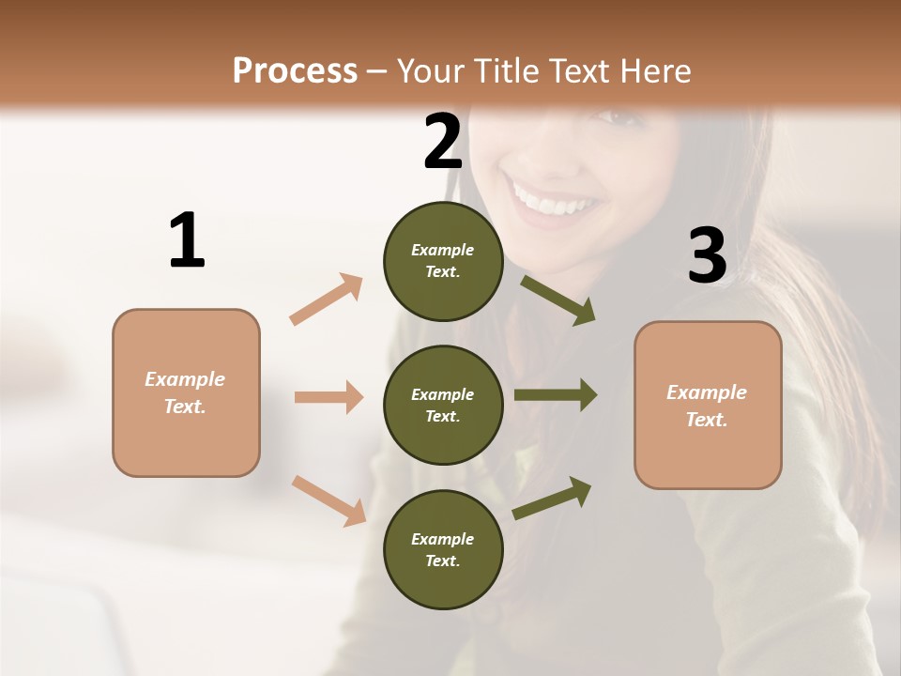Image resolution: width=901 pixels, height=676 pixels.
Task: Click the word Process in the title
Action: tap(295, 70)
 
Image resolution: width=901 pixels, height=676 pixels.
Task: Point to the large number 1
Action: tap(187, 241)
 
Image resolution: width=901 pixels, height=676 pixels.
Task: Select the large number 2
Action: tap(443, 142)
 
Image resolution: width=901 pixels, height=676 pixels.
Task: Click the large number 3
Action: tap(707, 255)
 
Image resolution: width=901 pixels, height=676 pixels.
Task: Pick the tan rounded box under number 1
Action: tap(186, 392)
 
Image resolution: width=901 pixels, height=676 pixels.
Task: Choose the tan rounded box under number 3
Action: tap(708, 406)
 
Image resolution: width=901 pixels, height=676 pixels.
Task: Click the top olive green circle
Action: tap(443, 261)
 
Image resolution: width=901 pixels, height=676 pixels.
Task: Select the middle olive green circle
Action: tap(443, 405)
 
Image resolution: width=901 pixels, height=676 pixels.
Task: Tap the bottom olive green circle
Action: tap(443, 549)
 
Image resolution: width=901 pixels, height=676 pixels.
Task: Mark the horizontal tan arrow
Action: tap(328, 397)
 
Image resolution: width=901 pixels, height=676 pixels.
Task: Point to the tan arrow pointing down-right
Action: tap(329, 499)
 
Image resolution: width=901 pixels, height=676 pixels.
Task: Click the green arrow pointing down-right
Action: tap(558, 300)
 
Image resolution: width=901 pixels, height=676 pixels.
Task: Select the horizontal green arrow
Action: tap(556, 394)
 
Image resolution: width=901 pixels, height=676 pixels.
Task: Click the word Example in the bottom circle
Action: tap(442, 539)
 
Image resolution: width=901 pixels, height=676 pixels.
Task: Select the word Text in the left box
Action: tap(184, 407)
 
